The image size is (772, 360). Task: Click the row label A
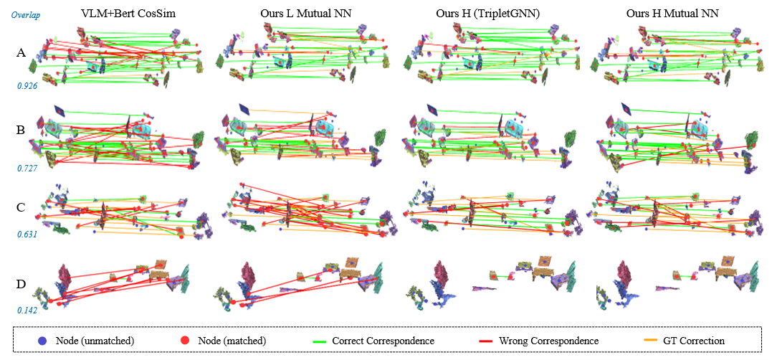[x=22, y=52]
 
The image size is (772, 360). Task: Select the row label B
[x=22, y=131]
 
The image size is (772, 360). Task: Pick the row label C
[x=22, y=208]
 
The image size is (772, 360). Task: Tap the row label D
[x=22, y=283]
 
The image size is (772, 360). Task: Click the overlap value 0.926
[x=27, y=85]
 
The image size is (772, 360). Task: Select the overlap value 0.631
[x=27, y=234]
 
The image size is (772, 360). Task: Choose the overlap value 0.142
[x=27, y=311]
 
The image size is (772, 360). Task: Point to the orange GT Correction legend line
[x=639, y=341]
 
